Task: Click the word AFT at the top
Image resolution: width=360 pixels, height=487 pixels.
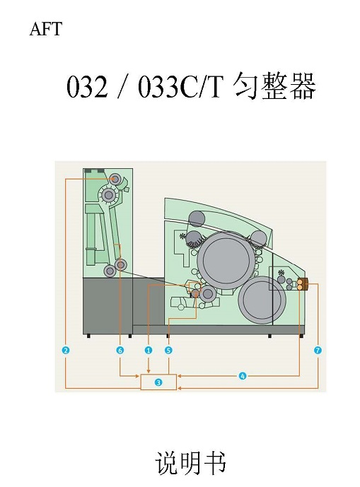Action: point(46,29)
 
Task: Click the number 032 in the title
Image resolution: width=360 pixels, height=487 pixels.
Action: point(87,87)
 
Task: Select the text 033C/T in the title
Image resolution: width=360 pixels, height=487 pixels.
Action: point(181,87)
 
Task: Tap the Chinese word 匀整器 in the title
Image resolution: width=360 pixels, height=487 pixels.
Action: point(274,86)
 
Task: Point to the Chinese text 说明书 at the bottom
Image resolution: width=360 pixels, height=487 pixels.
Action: point(190,463)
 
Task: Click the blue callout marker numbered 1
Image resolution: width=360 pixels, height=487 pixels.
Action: point(149,351)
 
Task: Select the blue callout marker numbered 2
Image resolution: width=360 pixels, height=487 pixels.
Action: point(66,351)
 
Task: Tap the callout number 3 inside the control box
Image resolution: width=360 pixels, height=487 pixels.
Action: point(158,382)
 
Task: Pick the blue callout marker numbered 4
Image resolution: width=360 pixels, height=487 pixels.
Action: point(243,376)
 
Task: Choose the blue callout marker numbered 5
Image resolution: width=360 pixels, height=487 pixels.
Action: point(168,351)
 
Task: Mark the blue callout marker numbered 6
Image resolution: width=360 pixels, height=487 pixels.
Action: point(120,351)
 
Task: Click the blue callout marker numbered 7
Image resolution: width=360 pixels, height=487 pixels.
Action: point(318,351)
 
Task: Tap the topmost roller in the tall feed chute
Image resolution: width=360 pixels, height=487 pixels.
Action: point(115,179)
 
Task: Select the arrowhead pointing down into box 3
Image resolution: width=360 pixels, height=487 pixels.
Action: point(149,371)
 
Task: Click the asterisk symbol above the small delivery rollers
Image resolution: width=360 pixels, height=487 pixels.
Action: point(281,273)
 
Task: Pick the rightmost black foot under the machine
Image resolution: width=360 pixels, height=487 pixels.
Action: point(301,336)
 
